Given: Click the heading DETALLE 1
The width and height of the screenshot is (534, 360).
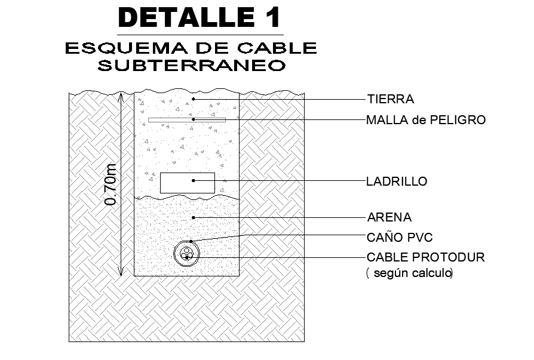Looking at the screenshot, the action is (x=200, y=17).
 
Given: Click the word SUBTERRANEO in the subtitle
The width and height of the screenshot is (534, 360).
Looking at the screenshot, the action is (x=191, y=65).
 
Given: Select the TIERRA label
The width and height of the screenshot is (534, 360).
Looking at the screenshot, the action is (x=391, y=99).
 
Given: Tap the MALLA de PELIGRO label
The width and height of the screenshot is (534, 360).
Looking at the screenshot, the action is (x=426, y=120).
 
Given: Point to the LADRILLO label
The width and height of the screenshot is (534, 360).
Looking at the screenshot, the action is (x=397, y=181).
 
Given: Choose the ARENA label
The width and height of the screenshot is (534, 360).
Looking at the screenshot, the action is (x=389, y=217).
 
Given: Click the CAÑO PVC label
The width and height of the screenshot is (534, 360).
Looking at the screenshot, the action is (x=400, y=237).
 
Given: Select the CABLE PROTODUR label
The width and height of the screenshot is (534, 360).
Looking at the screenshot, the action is (x=426, y=257).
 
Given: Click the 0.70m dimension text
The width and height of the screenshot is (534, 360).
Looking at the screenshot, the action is (x=111, y=184).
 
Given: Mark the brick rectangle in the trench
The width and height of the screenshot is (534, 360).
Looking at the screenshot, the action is (x=188, y=183).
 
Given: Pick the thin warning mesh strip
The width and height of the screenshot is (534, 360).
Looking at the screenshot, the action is (x=187, y=120).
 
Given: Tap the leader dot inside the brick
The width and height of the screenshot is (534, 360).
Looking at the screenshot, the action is (x=194, y=181).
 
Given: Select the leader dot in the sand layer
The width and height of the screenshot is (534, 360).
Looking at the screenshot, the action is (x=194, y=217).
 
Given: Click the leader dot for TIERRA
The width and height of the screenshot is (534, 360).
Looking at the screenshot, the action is (x=194, y=99).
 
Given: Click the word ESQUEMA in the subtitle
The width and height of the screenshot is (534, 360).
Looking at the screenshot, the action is (x=127, y=48).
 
